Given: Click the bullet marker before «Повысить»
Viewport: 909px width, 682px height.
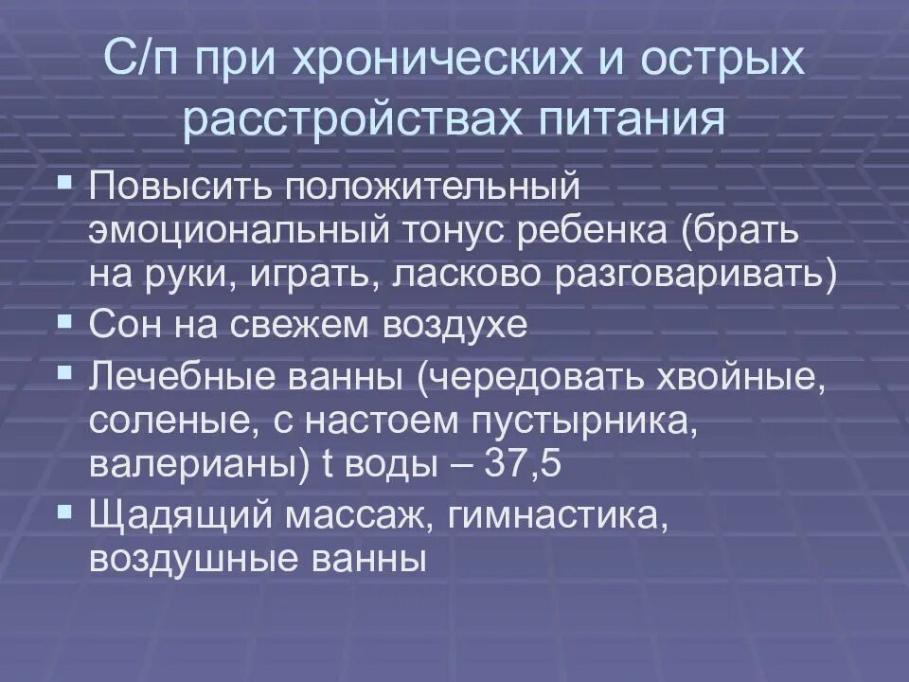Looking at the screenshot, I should click(x=63, y=179).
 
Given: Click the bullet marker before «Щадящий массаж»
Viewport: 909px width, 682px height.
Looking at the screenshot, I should click(x=63, y=511).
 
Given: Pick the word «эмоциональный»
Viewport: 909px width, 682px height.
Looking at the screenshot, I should click(x=238, y=231).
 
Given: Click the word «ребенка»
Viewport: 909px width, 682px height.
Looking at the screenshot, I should click(x=587, y=231).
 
